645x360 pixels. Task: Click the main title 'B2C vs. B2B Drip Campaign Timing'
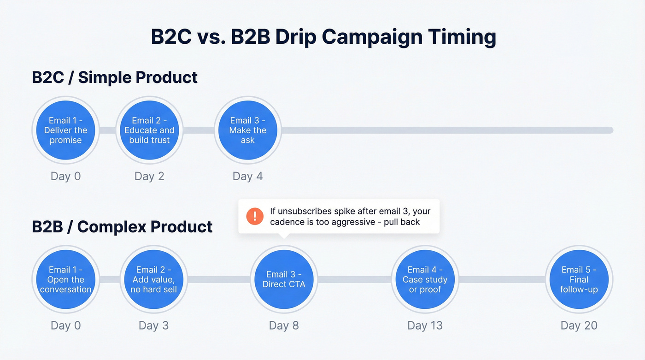tap(323, 37)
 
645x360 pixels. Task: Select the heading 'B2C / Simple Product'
tap(115, 77)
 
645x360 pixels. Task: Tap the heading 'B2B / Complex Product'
tap(122, 227)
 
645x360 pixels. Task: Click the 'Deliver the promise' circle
tap(66, 130)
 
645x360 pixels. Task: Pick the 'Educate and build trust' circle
tap(149, 130)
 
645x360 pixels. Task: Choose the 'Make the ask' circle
tap(248, 130)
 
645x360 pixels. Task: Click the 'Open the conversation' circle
tap(66, 279)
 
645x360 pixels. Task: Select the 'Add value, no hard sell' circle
tap(153, 279)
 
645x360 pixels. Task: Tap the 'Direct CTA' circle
tap(284, 279)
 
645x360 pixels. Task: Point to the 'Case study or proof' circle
tap(425, 279)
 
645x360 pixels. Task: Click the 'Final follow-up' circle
tap(579, 279)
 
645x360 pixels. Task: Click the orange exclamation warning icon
tap(255, 216)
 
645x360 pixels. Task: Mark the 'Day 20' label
tap(579, 325)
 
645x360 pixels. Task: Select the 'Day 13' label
tap(425, 325)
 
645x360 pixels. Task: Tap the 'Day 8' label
tap(284, 325)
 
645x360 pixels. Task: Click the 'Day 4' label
tap(248, 176)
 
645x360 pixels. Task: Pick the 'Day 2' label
tap(149, 176)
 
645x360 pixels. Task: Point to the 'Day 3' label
tap(153, 325)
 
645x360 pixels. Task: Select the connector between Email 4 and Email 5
tap(502, 279)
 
